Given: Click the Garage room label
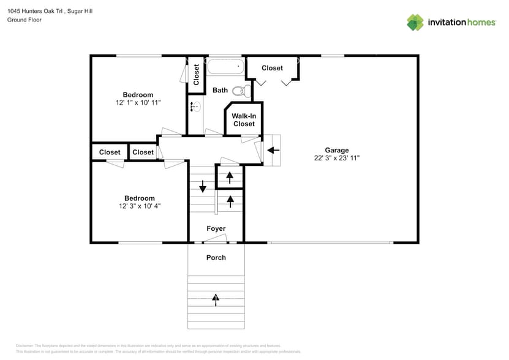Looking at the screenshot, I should (336, 150).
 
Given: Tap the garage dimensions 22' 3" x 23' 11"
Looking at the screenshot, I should (336, 158).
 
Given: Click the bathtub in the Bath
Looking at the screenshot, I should (225, 66).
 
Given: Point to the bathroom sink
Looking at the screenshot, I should (194, 107).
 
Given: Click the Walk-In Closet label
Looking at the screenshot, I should (243, 119).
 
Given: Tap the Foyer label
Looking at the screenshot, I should (216, 229).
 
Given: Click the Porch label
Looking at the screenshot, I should (216, 258).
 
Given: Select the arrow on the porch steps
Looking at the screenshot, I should (215, 299).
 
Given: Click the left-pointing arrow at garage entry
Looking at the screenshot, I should (273, 150).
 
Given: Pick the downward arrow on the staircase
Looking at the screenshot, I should (202, 185).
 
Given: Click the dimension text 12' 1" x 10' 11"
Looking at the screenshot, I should (138, 103).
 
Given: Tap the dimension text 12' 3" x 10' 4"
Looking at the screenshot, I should (139, 206).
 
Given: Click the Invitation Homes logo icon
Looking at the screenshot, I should (415, 22).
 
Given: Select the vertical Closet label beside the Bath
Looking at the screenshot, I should (196, 75).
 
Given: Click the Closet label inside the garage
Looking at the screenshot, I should (272, 68).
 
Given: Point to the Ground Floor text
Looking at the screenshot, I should (24, 20).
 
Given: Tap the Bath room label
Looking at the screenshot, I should (220, 91).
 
